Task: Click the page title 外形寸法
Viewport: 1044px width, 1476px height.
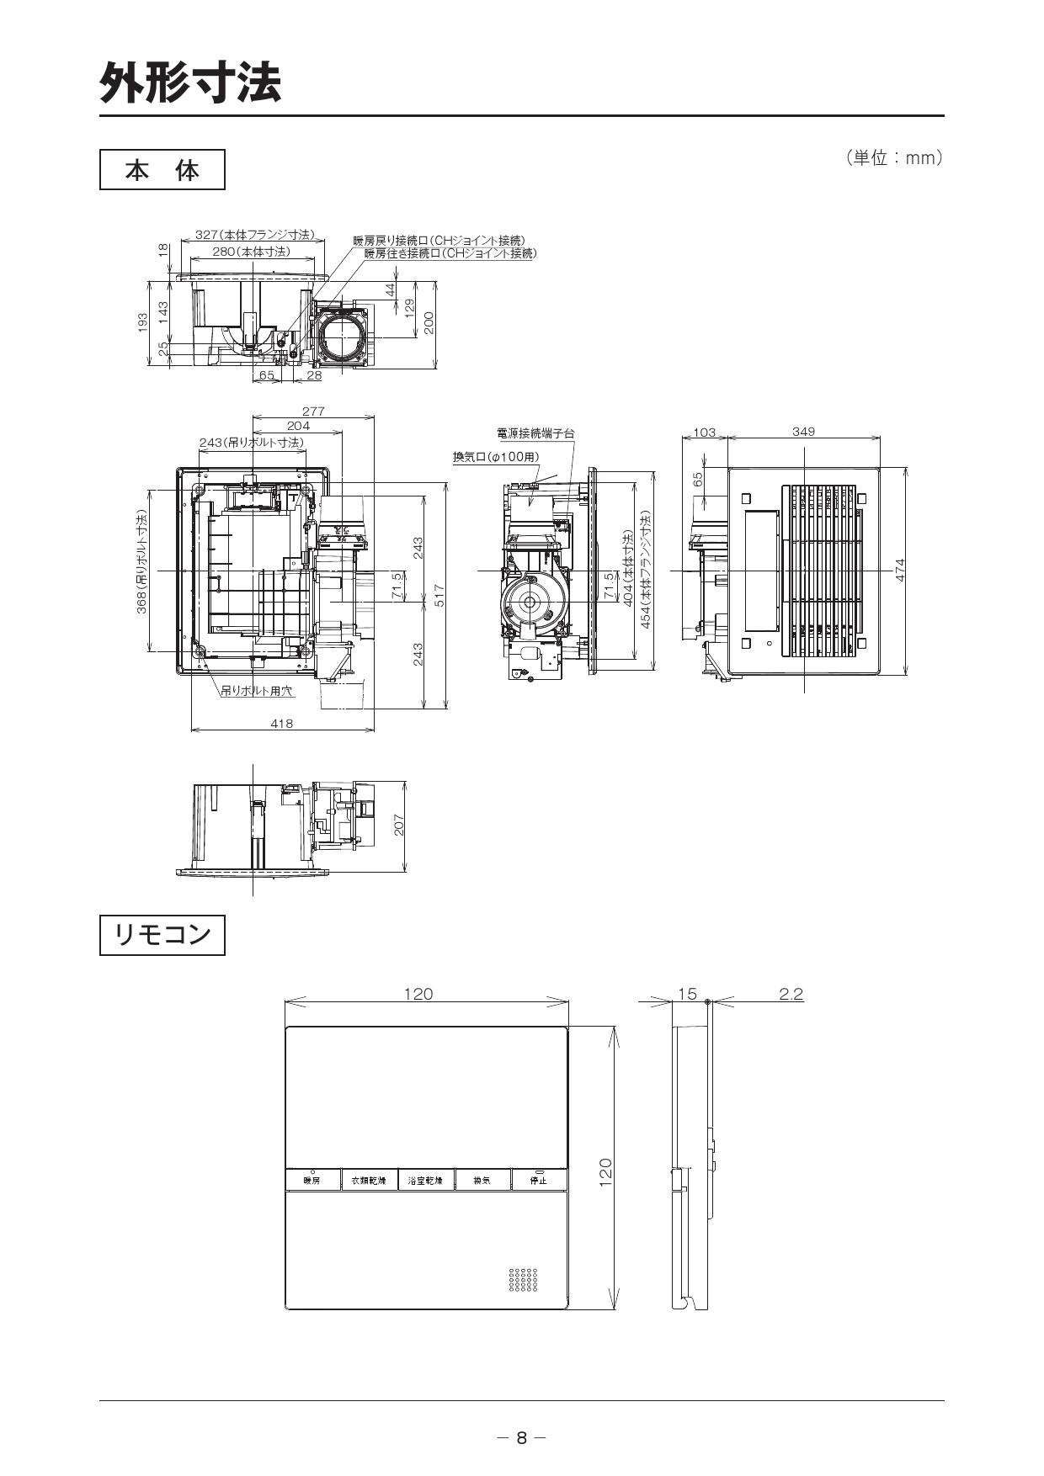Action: click(x=190, y=82)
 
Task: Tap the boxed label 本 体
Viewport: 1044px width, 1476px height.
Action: click(x=162, y=170)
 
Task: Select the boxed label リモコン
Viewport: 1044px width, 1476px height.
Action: click(x=162, y=935)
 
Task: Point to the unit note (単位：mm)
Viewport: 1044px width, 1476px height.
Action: click(x=893, y=158)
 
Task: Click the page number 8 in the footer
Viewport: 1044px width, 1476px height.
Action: click(x=521, y=1437)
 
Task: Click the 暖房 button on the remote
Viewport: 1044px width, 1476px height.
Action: click(x=312, y=1181)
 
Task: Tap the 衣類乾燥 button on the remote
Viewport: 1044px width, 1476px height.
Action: click(x=369, y=1181)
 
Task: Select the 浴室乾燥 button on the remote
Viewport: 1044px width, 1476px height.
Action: click(x=425, y=1181)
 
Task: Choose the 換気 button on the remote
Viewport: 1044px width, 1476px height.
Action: click(x=482, y=1181)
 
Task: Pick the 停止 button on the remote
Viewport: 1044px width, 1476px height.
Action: click(x=538, y=1180)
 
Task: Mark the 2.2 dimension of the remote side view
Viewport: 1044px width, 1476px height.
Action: click(x=791, y=994)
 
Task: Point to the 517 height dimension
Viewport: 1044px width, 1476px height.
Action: click(x=439, y=596)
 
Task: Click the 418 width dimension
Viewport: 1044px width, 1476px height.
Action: click(x=282, y=723)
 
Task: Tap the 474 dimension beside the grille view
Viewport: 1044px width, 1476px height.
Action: click(x=900, y=571)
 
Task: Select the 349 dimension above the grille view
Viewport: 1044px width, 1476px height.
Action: click(x=803, y=432)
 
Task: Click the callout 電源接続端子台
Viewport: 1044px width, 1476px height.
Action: click(x=535, y=433)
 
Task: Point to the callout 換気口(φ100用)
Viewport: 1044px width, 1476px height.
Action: click(x=496, y=456)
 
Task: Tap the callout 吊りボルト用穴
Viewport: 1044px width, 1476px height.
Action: click(x=257, y=690)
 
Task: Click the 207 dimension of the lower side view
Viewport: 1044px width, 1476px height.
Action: click(x=399, y=826)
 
